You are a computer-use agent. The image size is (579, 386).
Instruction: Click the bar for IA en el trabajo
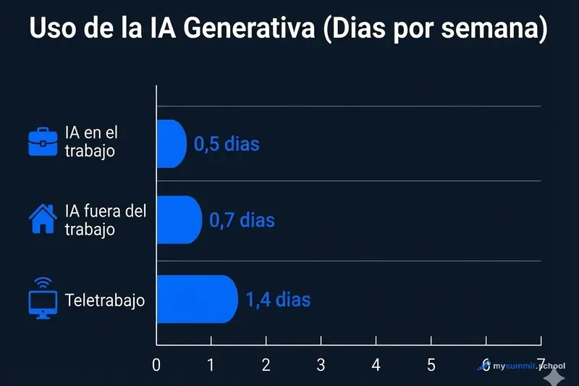coord(172,143)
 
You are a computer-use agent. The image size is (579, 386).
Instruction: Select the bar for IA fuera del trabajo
coord(179,219)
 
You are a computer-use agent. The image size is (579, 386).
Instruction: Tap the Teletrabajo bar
coord(197,298)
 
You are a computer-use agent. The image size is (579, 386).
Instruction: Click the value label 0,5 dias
coord(227,143)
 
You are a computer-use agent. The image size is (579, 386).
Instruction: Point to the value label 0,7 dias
coord(242,219)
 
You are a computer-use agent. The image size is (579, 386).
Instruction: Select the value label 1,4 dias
coord(278,298)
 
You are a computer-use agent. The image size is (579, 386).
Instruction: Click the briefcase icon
coord(42,142)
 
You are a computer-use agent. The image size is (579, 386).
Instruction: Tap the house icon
coord(42,218)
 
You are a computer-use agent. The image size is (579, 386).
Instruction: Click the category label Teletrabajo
coord(105,299)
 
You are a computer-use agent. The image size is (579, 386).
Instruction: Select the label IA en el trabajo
coord(90,142)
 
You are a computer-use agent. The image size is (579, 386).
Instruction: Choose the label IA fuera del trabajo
coord(105,219)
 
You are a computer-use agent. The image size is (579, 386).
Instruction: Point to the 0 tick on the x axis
coord(156,364)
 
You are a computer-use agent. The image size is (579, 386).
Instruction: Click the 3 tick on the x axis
coord(321,364)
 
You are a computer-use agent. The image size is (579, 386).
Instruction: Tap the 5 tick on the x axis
coord(431,364)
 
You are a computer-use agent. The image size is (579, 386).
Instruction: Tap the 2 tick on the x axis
coord(266,364)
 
